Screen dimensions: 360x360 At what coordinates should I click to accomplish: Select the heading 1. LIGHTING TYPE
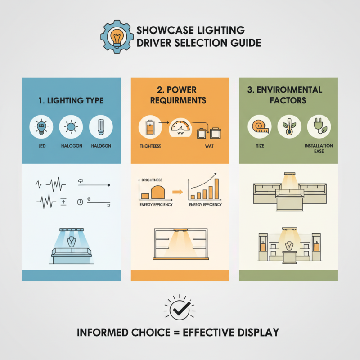pyautogui.click(x=71, y=100)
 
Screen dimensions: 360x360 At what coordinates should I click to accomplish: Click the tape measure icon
pyautogui.click(x=259, y=127)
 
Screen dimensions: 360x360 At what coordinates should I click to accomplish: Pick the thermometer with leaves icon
pyautogui.click(x=288, y=127)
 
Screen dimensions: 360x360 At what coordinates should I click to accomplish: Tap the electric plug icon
pyautogui.click(x=318, y=127)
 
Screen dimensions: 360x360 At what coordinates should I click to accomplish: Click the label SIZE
pyautogui.click(x=259, y=146)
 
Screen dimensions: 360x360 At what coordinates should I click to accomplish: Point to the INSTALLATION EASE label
pyautogui.click(x=318, y=148)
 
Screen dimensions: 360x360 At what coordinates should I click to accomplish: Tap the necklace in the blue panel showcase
pyautogui.click(x=71, y=242)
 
